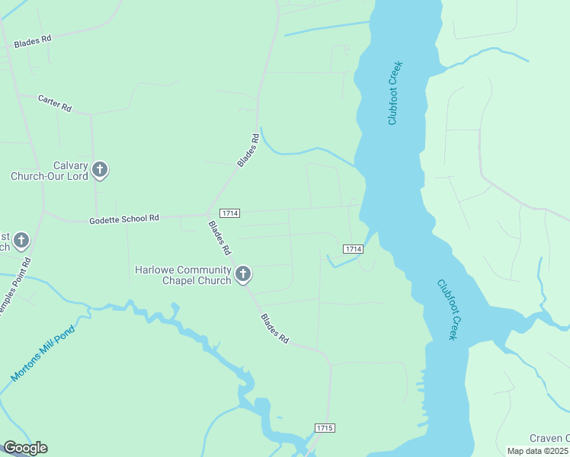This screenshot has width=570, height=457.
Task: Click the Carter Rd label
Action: tap(55, 104)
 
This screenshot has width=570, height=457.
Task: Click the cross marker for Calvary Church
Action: tap(100, 170)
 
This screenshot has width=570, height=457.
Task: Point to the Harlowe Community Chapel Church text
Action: tap(183, 275)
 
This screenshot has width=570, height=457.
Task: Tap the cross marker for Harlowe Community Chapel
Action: tap(243, 273)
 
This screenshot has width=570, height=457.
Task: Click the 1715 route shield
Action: tap(325, 428)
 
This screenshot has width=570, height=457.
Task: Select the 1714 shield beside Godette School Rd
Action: tap(229, 213)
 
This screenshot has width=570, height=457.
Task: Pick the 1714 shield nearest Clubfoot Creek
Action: tap(352, 249)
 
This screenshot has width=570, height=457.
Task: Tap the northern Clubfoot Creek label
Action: tap(394, 93)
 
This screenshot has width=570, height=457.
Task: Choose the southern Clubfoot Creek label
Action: tap(447, 309)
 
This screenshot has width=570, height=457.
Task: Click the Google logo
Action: tap(25, 448)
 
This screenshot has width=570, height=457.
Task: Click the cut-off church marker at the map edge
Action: tap(21, 241)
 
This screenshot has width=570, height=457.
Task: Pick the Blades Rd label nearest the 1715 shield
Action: tap(275, 328)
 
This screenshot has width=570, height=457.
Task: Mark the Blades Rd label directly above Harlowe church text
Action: tap(220, 238)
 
